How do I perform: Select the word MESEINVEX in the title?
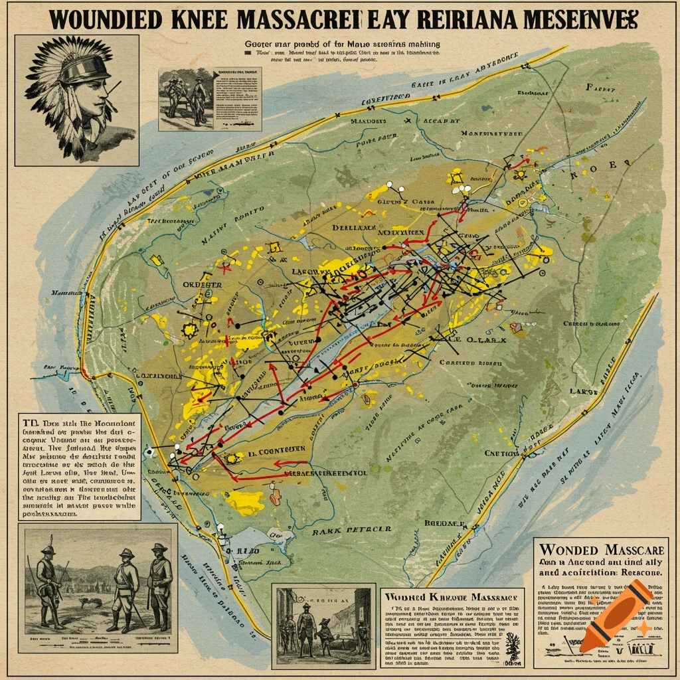pos(577,19)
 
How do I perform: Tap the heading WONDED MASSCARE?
pos(600,549)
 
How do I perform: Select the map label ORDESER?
pos(202,284)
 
